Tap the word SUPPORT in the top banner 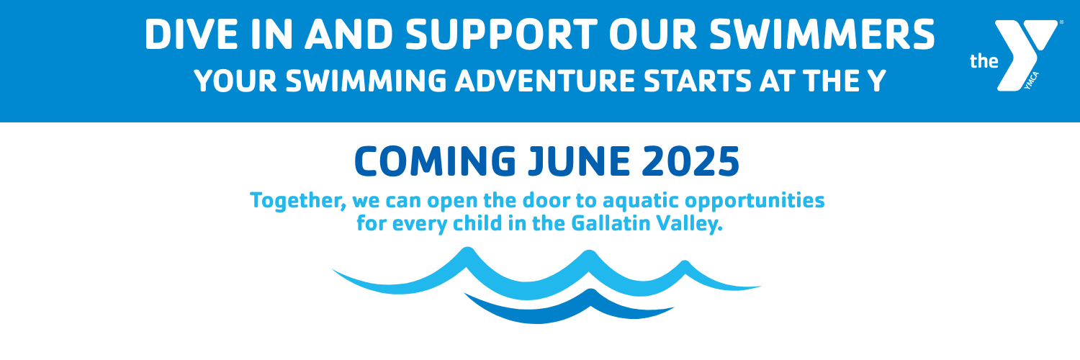pos(501,35)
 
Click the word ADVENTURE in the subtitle pos(545,81)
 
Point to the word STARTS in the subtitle pos(697,81)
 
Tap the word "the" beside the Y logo pos(984,61)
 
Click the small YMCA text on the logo pos(1031,81)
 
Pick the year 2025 pos(690,161)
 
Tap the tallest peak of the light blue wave pos(467,250)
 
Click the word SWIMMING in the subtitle pos(366,81)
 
